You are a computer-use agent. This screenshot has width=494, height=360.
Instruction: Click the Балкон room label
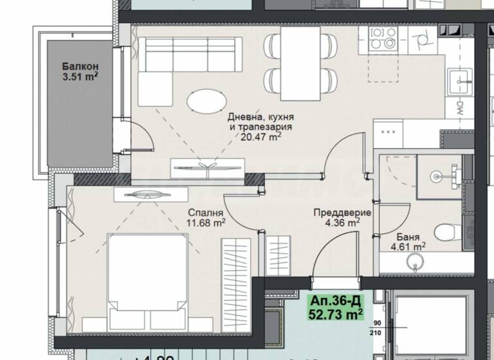(80, 66)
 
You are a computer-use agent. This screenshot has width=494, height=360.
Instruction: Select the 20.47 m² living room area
(261, 137)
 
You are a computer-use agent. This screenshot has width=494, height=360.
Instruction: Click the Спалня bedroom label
(205, 213)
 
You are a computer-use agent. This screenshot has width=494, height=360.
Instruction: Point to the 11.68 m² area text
(205, 223)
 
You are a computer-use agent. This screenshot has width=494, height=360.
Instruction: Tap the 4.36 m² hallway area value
(336, 223)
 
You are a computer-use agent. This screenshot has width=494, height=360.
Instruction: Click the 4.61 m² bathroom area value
(408, 246)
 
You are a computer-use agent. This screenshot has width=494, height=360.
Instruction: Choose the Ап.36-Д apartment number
(336, 301)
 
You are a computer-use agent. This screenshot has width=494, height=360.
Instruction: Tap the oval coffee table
(206, 101)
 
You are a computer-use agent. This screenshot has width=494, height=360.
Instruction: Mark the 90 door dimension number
(376, 323)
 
